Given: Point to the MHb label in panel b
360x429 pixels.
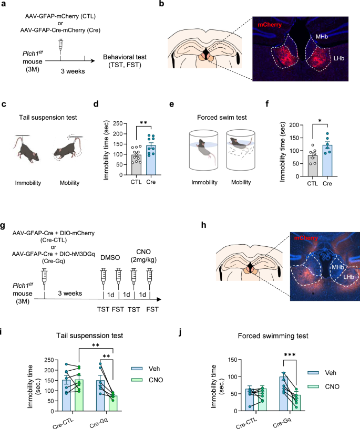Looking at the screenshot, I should point(320,37).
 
